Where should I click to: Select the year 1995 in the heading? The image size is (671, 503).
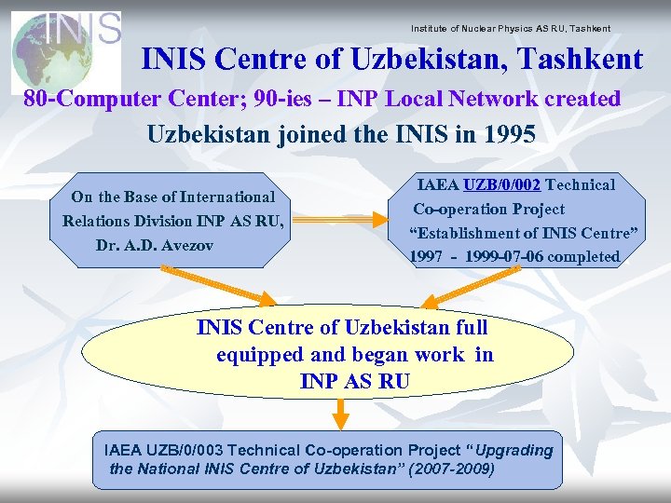pos(510,134)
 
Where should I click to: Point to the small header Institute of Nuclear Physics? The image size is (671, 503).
pos(510,28)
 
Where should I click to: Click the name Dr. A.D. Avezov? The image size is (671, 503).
pos(155,245)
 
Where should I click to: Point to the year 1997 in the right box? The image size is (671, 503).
pos(426,257)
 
